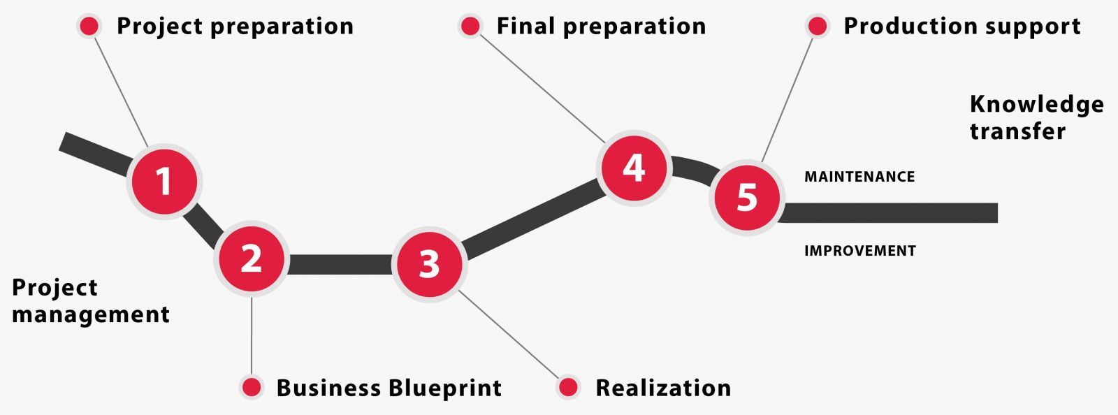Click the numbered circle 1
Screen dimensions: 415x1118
164,182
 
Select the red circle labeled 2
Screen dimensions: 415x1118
251,259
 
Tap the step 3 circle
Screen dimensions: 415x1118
429,264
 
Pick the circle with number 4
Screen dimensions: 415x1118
634,168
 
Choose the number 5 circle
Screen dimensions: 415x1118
746,197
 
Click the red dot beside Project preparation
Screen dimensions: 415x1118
89,27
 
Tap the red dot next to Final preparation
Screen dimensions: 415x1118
470,27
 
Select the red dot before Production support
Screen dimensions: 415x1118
817,27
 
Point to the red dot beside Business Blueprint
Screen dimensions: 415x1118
251,387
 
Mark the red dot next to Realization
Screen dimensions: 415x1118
569,387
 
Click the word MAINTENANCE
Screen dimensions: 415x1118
859,177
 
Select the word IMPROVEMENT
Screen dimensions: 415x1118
860,251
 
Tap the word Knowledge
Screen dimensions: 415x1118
1037,105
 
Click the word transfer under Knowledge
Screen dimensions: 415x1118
1017,131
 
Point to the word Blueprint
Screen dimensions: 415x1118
445,388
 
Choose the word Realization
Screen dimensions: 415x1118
663,388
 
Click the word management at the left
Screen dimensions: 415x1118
91,314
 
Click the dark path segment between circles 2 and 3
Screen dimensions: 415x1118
340,264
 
